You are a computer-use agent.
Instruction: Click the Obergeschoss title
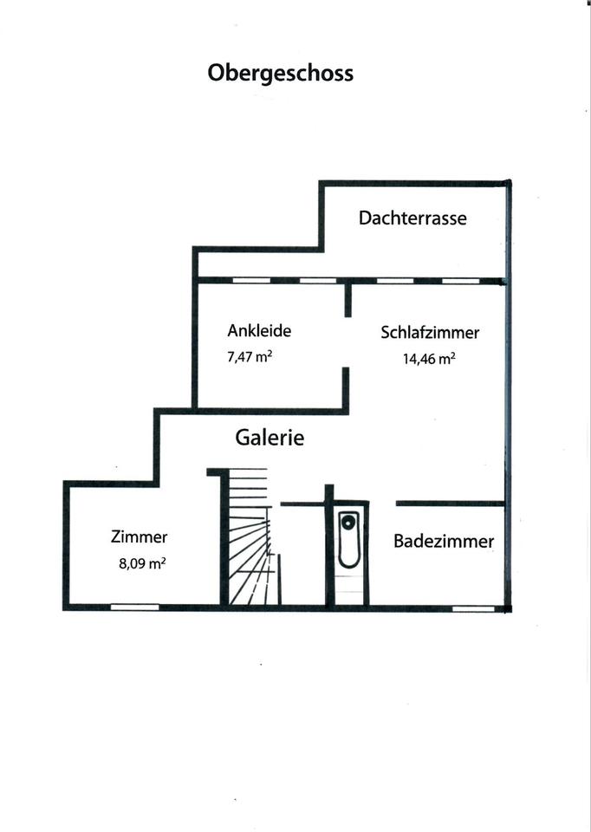[x=280, y=73]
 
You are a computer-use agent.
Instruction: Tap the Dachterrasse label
[x=412, y=218]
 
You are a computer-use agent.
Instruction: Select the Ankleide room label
[x=259, y=330]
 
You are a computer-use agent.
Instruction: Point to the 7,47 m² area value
[x=250, y=355]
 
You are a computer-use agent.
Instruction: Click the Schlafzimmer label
[x=430, y=332]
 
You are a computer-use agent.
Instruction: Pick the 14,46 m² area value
[x=429, y=359]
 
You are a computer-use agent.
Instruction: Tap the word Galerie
[x=270, y=438]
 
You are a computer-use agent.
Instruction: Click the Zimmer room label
[x=140, y=536]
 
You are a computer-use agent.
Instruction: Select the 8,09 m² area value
[x=142, y=562]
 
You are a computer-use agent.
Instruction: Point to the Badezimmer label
[x=444, y=542]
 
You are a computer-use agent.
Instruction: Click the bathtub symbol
[x=348, y=540]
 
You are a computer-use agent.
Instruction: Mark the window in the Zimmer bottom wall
[x=134, y=608]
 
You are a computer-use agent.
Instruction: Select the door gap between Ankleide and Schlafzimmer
[x=348, y=342]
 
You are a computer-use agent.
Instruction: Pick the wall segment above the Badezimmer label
[x=450, y=503]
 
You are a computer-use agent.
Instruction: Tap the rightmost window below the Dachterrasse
[x=460, y=281]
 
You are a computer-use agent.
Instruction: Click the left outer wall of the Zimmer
[x=66, y=544]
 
